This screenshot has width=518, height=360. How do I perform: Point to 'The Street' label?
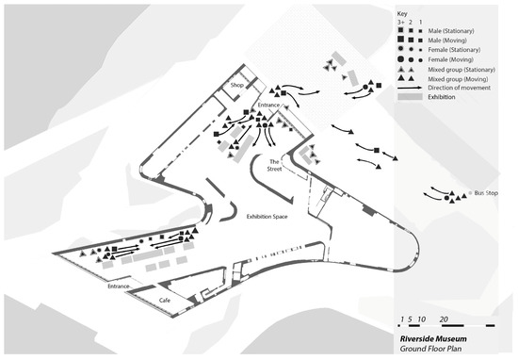[276, 166]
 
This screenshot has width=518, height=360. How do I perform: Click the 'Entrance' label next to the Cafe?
[121, 285]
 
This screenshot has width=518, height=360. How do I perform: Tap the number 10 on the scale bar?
[421, 318]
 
